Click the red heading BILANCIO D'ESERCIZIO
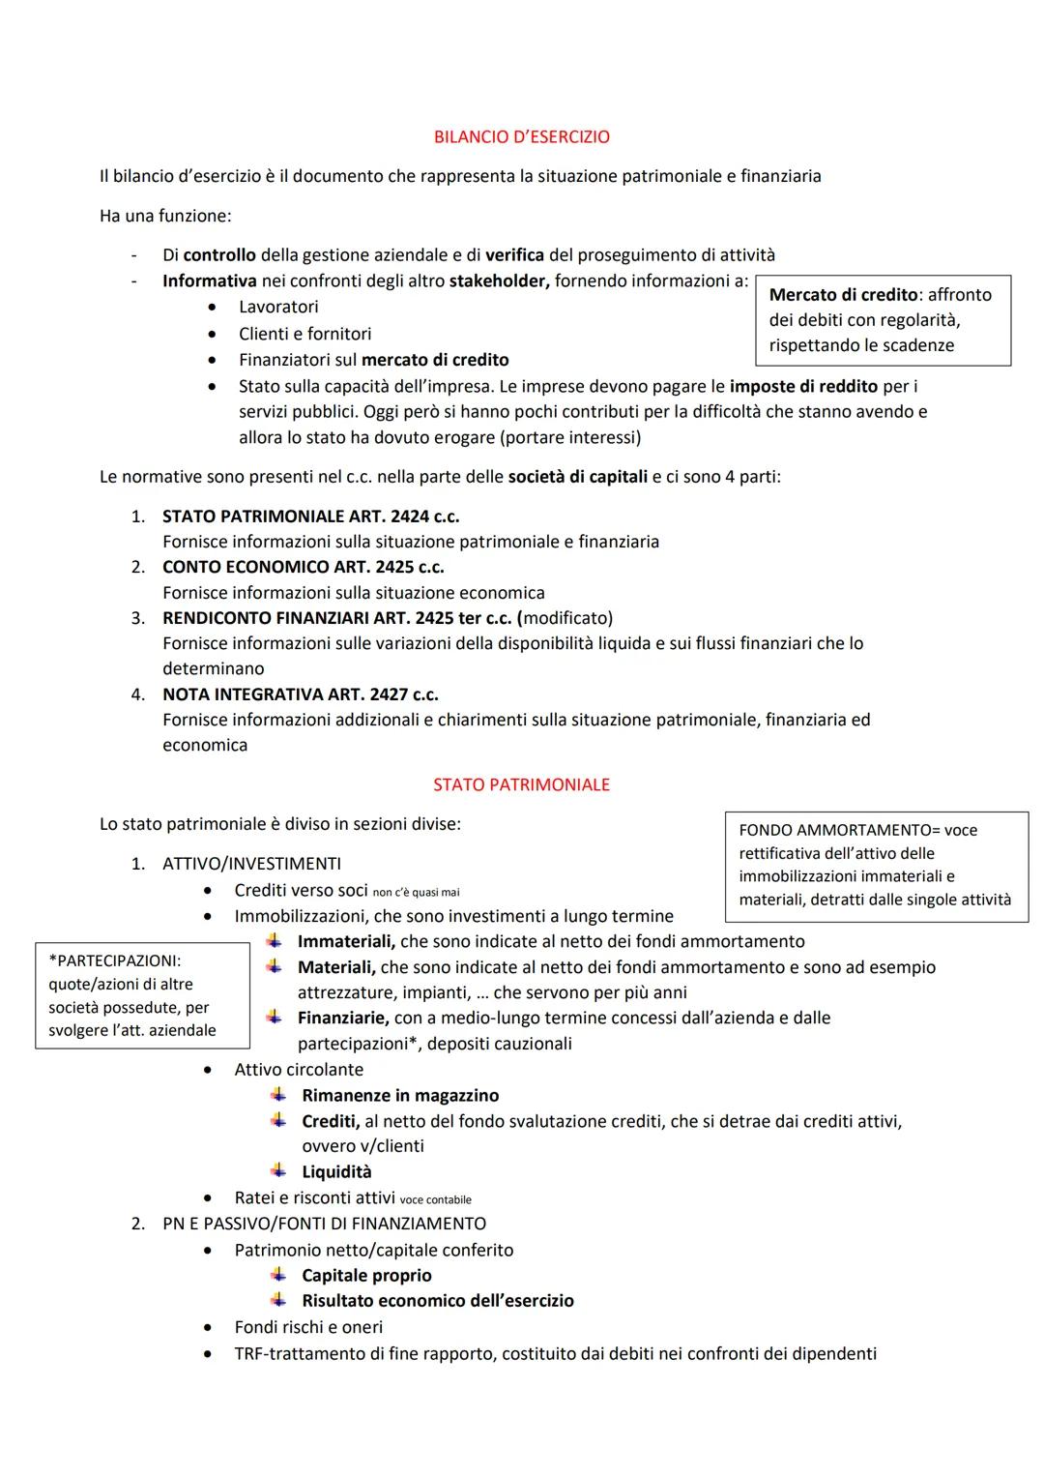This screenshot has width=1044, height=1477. click(522, 137)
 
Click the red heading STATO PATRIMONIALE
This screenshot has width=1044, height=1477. click(522, 784)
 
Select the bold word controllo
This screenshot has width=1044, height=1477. click(219, 255)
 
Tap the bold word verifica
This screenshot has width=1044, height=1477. click(514, 255)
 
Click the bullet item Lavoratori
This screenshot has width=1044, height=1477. click(278, 307)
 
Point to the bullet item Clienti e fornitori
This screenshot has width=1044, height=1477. click(304, 334)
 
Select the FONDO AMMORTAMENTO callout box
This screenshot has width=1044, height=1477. click(876, 865)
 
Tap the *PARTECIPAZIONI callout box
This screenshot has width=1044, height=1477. click(142, 995)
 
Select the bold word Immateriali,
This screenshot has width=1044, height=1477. click(346, 941)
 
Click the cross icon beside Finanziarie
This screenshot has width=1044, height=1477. click(275, 1018)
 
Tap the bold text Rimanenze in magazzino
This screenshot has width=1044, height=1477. click(400, 1095)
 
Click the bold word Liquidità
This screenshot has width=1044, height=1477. click(336, 1171)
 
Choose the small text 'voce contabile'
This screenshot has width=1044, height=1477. click(435, 1199)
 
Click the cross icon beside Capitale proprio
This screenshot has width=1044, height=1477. click(278, 1275)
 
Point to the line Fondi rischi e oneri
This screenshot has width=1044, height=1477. click(308, 1327)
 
